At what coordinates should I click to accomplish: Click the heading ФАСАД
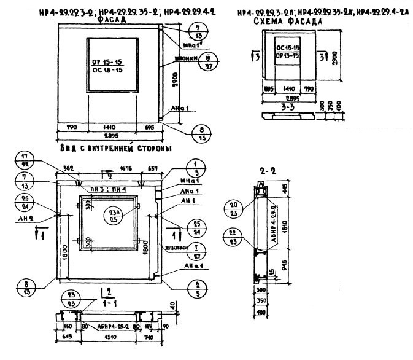click(x=112, y=19)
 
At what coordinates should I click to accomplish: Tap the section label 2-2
click(x=265, y=173)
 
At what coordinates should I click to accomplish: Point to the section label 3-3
click(x=286, y=105)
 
